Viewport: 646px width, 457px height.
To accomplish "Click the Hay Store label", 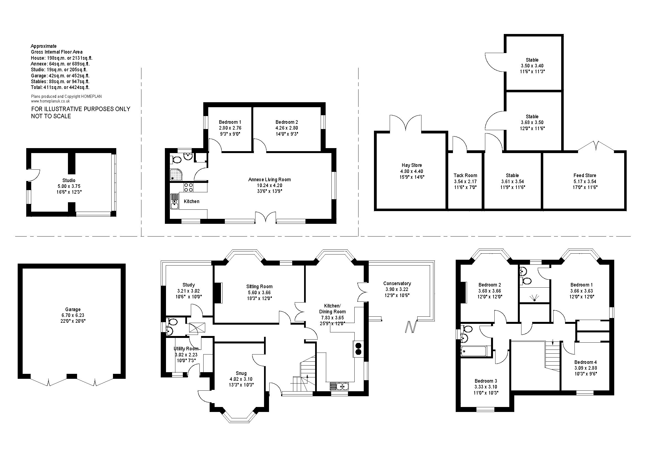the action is pyautogui.click(x=412, y=165).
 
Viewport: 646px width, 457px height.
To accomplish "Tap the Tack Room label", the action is pyautogui.click(x=465, y=175).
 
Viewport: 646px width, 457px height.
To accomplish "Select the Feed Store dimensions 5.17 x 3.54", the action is pyautogui.click(x=585, y=182).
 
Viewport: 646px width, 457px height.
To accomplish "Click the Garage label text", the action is pyautogui.click(x=73, y=309).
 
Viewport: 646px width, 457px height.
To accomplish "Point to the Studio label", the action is pyautogui.click(x=69, y=180).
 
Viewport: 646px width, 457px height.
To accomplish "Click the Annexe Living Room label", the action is pyautogui.click(x=270, y=180).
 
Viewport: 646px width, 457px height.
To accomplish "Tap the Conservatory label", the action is pyautogui.click(x=397, y=283).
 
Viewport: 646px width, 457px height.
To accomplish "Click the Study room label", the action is pyautogui.click(x=189, y=285).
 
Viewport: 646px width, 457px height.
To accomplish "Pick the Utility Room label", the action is pyautogui.click(x=186, y=349).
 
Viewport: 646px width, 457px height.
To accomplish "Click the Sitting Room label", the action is pyautogui.click(x=259, y=287).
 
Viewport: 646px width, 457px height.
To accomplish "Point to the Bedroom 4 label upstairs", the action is pyautogui.click(x=586, y=362).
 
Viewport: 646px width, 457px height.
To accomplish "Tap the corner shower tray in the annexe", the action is pyautogui.click(x=176, y=175).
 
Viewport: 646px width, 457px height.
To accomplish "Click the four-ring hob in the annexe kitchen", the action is pyautogui.click(x=188, y=187).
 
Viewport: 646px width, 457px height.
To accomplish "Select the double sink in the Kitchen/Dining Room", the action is pyautogui.click(x=339, y=386).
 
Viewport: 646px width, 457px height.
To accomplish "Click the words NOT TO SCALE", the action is pyautogui.click(x=51, y=116).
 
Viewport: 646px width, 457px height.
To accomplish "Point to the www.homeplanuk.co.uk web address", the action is pyautogui.click(x=50, y=101).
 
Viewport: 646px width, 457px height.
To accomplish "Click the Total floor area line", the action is pyautogui.click(x=60, y=87).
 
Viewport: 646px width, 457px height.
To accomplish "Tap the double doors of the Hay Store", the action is pyautogui.click(x=405, y=123).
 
